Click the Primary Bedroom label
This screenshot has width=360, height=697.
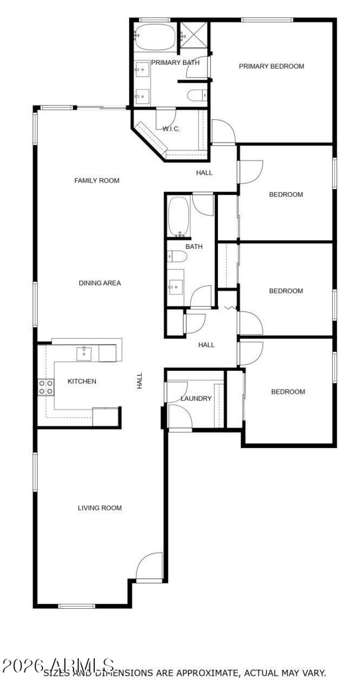coord(271,67)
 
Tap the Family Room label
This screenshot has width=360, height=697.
coord(97,181)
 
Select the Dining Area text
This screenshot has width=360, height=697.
coord(100,283)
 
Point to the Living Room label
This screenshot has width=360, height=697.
coord(100,508)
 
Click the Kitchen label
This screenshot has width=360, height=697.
coord(82,382)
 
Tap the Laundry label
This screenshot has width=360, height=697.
coord(196,399)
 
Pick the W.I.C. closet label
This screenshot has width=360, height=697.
coord(171,129)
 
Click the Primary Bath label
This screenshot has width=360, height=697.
coord(175,63)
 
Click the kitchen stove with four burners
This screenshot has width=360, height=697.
coord(46,387)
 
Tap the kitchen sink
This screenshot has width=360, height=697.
coord(84,353)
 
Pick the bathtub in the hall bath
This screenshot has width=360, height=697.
coord(179,216)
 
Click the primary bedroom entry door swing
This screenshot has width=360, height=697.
coord(223,131)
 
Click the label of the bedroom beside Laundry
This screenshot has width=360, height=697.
coord(288,392)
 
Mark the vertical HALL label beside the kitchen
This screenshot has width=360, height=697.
coord(139,381)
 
